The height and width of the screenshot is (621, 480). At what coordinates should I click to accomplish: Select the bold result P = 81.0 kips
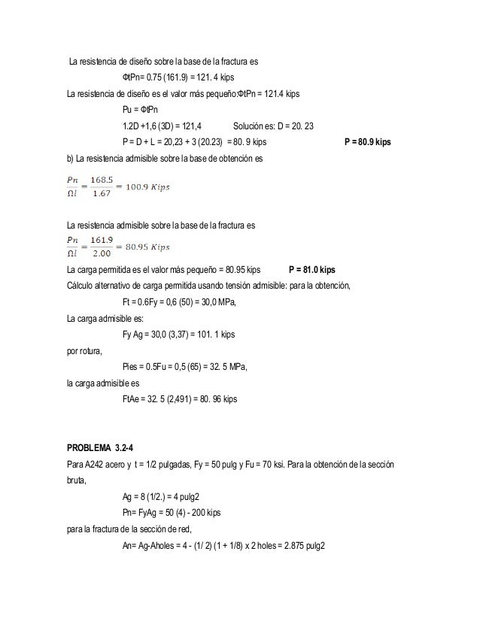pos(322,268)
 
